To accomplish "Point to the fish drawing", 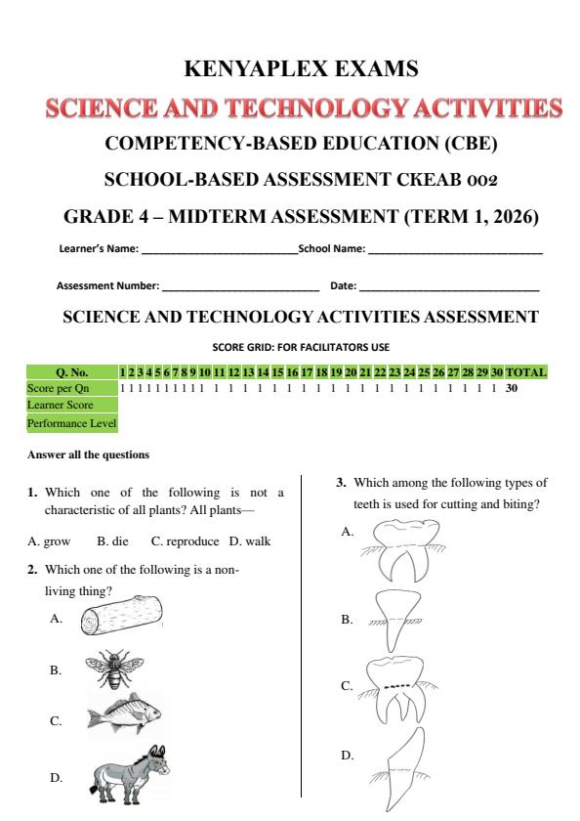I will coord(123,719).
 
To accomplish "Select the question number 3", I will coord(340,482).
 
